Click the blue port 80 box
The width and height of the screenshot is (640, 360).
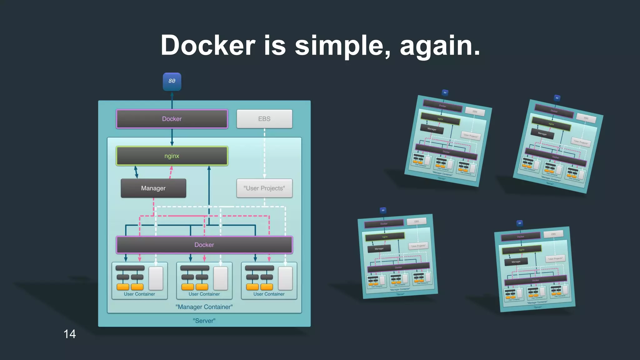tap(172, 82)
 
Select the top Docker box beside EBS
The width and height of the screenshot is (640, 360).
tap(172, 119)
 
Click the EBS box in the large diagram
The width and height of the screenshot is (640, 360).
tap(264, 119)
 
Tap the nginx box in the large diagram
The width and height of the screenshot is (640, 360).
tap(172, 156)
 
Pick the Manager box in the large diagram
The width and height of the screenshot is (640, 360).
tap(153, 188)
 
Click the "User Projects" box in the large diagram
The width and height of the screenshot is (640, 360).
tap(264, 188)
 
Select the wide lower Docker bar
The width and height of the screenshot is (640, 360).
tap(204, 245)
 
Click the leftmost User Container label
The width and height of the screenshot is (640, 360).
tap(139, 294)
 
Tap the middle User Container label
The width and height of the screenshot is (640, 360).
tap(204, 294)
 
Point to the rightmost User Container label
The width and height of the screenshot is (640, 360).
tap(269, 294)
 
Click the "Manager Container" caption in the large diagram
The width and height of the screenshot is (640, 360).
tap(204, 307)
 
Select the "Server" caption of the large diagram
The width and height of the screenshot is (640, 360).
tap(204, 321)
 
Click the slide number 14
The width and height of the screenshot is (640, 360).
tap(69, 334)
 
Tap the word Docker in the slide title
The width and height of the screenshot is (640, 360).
tap(208, 46)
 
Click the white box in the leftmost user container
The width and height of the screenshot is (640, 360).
tap(156, 278)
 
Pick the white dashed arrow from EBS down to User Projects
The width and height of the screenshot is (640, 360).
tap(264, 153)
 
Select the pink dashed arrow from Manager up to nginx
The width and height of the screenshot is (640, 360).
tap(171, 172)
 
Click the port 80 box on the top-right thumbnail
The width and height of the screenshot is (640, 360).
tap(557, 98)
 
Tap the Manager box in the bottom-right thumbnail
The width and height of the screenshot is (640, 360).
tap(516, 262)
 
